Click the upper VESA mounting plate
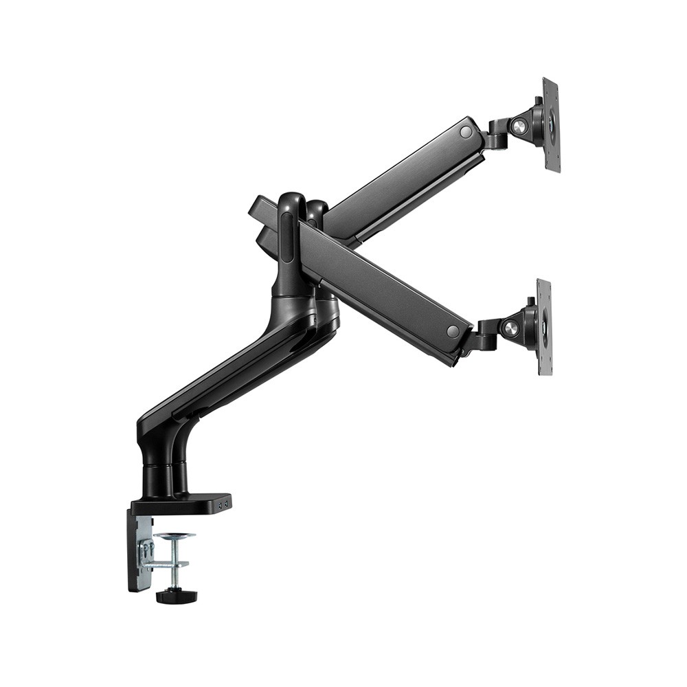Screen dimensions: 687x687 click(551, 125)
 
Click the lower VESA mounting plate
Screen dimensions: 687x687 click(544, 327)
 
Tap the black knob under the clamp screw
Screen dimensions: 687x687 click(176, 596)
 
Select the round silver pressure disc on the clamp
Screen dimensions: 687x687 click(174, 536)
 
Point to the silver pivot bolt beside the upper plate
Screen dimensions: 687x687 click(519, 127)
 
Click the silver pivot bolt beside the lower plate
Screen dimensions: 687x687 click(510, 328)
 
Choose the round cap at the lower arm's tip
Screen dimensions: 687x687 click(453, 331)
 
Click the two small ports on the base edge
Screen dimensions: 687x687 click(223, 504)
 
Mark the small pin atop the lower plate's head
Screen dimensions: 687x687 click(530, 301)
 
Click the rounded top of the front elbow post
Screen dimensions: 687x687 click(291, 201)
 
